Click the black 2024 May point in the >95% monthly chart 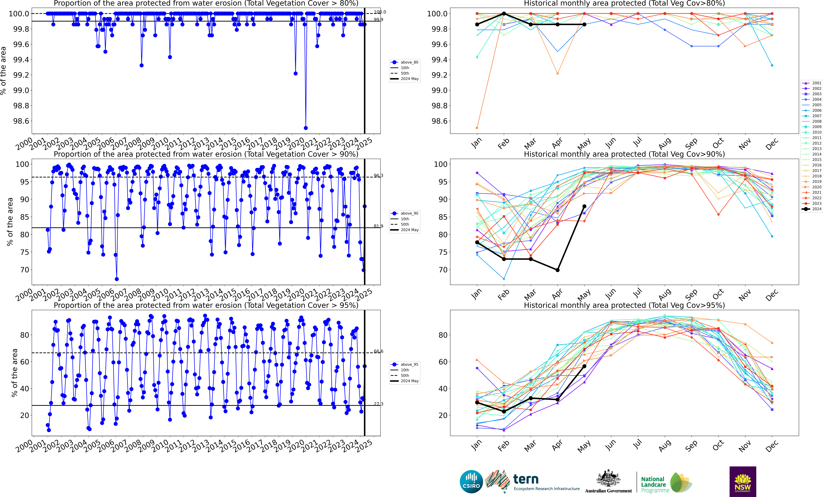point(584,366)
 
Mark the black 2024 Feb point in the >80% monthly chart point(504,14)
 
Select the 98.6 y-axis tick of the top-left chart point(21,121)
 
